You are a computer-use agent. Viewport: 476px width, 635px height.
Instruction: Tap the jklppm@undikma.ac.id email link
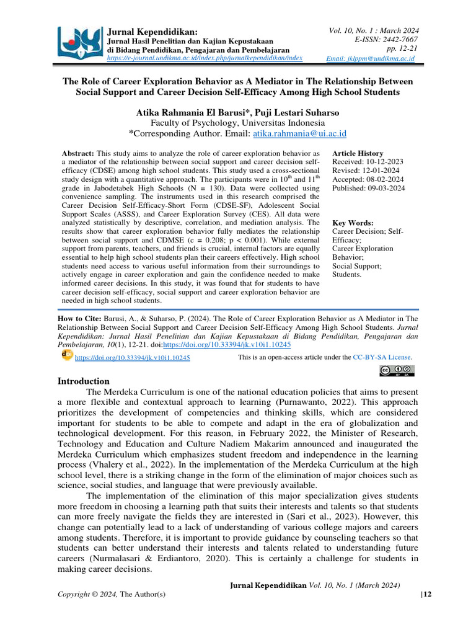(371, 58)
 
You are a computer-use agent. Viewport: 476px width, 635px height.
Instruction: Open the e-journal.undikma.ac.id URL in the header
(205, 58)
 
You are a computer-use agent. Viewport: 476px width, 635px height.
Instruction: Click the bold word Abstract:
(77, 153)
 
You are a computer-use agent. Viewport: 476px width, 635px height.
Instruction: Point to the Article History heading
(358, 153)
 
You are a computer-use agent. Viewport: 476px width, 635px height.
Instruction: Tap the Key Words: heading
(353, 223)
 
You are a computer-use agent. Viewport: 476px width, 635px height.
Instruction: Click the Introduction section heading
(84, 381)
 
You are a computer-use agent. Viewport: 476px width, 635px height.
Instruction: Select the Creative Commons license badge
(397, 371)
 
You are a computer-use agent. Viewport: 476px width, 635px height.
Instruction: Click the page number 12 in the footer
(426, 595)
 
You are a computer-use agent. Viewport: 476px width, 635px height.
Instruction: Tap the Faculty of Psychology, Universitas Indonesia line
(238, 123)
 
